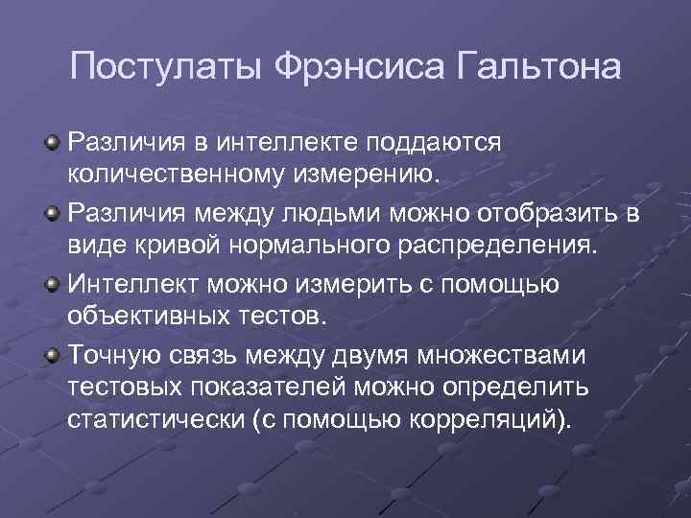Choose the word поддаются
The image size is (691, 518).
tap(442, 142)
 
